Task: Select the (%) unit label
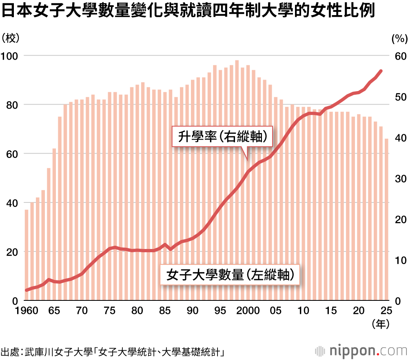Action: tap(399, 38)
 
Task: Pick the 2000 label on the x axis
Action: tap(248, 311)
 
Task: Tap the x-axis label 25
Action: tap(386, 311)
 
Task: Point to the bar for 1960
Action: tap(27, 255)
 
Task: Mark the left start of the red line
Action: tap(27, 290)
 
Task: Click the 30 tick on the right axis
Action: tap(399, 178)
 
